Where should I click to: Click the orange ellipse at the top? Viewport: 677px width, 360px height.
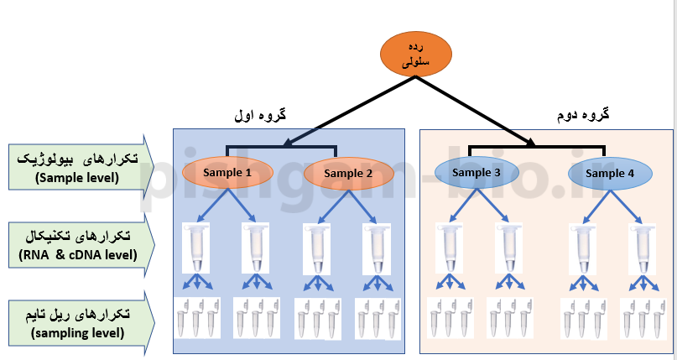pos(416,54)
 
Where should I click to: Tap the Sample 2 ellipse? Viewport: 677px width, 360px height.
pos(348,174)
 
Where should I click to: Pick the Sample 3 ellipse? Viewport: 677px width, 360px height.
pos(476,173)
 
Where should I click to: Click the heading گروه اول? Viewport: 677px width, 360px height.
pos(260,115)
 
